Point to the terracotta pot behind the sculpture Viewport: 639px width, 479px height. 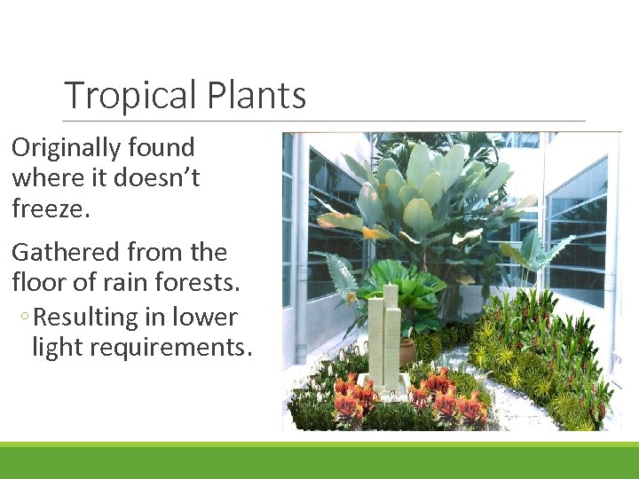406,351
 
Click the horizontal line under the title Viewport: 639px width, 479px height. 324,121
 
